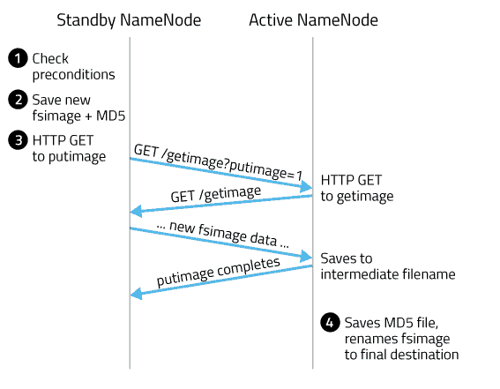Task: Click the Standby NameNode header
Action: point(129,19)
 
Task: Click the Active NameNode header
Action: point(313,19)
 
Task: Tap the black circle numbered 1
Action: point(18,59)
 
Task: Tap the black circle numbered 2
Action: point(18,100)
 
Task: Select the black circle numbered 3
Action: point(18,140)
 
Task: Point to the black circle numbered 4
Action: point(330,323)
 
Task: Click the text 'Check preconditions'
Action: point(72,67)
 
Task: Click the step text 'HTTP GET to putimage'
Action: point(69,148)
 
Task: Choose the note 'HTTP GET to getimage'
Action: point(357,188)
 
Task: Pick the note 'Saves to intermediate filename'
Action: point(388,266)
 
